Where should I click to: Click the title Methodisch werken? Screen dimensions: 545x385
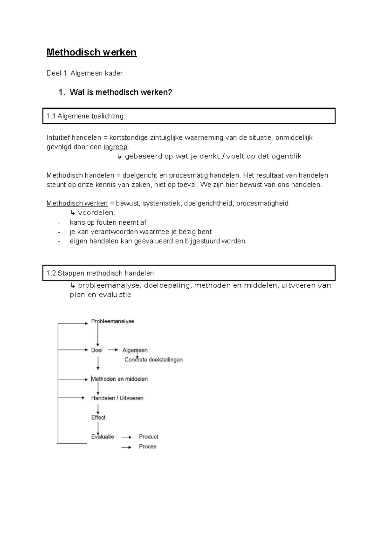[91, 52]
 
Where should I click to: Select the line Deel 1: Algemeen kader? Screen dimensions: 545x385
[84, 73]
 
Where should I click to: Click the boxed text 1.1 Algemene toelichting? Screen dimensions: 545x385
[86, 116]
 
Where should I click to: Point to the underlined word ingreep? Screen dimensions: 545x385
[116, 147]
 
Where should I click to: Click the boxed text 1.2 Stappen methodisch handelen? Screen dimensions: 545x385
[101, 273]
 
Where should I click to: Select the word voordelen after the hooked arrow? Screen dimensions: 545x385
[96, 213]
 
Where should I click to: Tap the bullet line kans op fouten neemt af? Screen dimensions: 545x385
[108, 222]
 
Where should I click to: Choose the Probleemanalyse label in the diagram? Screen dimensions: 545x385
[112, 321]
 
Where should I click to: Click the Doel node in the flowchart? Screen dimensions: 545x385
[97, 350]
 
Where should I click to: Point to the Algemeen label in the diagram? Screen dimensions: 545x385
[135, 350]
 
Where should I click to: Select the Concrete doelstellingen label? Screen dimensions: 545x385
[153, 360]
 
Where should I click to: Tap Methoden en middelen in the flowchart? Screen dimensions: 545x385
[119, 379]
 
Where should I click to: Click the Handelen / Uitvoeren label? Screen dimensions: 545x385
[117, 398]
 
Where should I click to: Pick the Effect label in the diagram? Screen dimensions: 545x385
[98, 418]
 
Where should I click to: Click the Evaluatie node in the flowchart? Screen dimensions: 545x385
[103, 437]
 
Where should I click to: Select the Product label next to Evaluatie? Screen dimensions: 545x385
[148, 437]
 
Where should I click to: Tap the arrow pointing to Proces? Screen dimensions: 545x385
[126, 447]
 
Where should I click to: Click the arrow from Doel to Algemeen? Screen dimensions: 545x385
[113, 350]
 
